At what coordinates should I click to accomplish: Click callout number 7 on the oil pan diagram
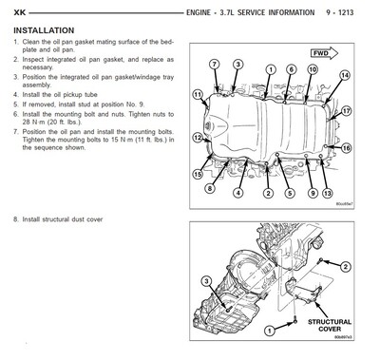click(x=215, y=64)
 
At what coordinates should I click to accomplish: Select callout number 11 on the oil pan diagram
click(x=198, y=95)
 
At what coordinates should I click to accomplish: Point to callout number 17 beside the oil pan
click(x=347, y=111)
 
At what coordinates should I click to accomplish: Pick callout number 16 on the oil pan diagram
click(x=347, y=147)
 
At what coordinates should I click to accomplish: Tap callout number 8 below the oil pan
click(x=210, y=188)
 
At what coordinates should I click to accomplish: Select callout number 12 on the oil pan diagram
click(x=197, y=138)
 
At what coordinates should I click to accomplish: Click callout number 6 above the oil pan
click(x=274, y=70)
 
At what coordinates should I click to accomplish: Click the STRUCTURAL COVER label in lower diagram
click(x=328, y=327)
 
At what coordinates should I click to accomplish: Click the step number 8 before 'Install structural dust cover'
click(x=15, y=219)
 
